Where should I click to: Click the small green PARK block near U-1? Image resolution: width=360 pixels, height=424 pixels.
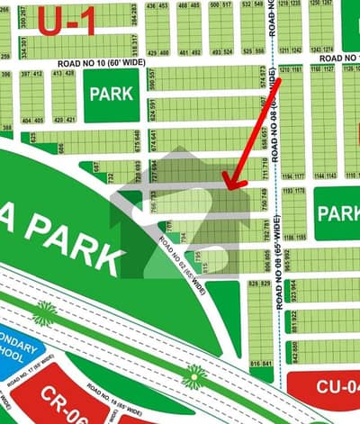(x=112, y=94)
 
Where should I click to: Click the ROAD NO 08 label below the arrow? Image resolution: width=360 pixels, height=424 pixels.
(x=280, y=261)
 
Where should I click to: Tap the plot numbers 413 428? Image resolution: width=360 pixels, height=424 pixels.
(x=64, y=74)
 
